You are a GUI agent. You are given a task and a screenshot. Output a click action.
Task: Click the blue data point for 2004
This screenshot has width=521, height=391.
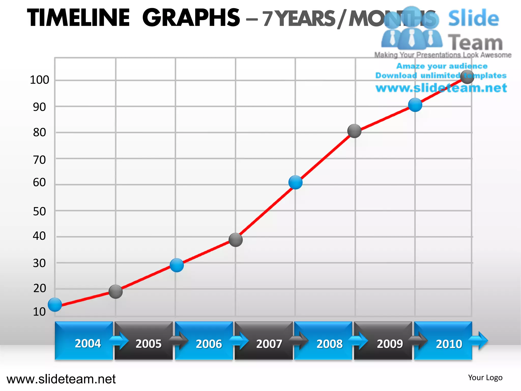[x=55, y=304]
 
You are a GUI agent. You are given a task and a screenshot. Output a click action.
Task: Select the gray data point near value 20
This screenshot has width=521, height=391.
[x=115, y=292]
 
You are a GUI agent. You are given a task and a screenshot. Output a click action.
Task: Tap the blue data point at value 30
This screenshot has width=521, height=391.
[x=177, y=265]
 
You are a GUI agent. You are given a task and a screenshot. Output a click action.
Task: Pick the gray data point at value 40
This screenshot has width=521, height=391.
[x=236, y=240]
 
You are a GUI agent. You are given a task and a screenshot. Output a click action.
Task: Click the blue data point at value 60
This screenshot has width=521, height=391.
[x=295, y=182]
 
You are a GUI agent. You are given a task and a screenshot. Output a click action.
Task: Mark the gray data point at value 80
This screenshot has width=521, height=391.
[x=354, y=131]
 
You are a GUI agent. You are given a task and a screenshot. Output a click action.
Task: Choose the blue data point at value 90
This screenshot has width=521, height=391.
[x=415, y=105]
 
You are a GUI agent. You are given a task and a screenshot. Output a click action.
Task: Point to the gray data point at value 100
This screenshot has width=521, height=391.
[x=467, y=77]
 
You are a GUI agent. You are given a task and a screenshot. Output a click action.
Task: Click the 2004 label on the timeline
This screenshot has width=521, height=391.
[x=88, y=344]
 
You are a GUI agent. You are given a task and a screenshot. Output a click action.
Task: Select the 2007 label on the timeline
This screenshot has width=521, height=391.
[x=269, y=344]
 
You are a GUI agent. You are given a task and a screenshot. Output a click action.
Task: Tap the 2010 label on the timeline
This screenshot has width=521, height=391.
[x=449, y=344]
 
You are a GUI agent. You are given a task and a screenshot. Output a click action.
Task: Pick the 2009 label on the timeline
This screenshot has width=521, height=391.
[x=390, y=344]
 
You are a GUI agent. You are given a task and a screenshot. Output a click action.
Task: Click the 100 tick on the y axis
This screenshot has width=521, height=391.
[x=39, y=80]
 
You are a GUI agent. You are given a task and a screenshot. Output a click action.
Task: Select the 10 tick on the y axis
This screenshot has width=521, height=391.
[x=39, y=312]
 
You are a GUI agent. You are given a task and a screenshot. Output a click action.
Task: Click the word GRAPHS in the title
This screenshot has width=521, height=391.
[x=191, y=18]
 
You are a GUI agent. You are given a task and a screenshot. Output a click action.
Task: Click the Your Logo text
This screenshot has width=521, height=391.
[x=485, y=378]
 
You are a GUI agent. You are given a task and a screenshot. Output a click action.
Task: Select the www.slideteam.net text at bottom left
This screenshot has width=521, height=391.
[x=61, y=379]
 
